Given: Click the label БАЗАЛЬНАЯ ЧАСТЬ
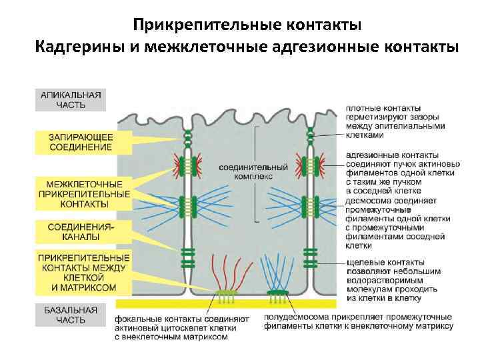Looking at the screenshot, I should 70,315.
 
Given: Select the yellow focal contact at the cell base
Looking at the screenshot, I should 226,293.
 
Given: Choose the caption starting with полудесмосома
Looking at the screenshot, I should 358,322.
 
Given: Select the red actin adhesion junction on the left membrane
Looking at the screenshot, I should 189,163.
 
